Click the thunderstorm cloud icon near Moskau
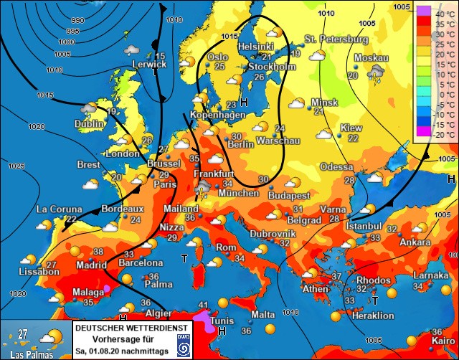[x=375, y=72]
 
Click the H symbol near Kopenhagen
[x=244, y=103]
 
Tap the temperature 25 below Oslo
[x=219, y=67]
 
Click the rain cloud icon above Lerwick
[x=131, y=50]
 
